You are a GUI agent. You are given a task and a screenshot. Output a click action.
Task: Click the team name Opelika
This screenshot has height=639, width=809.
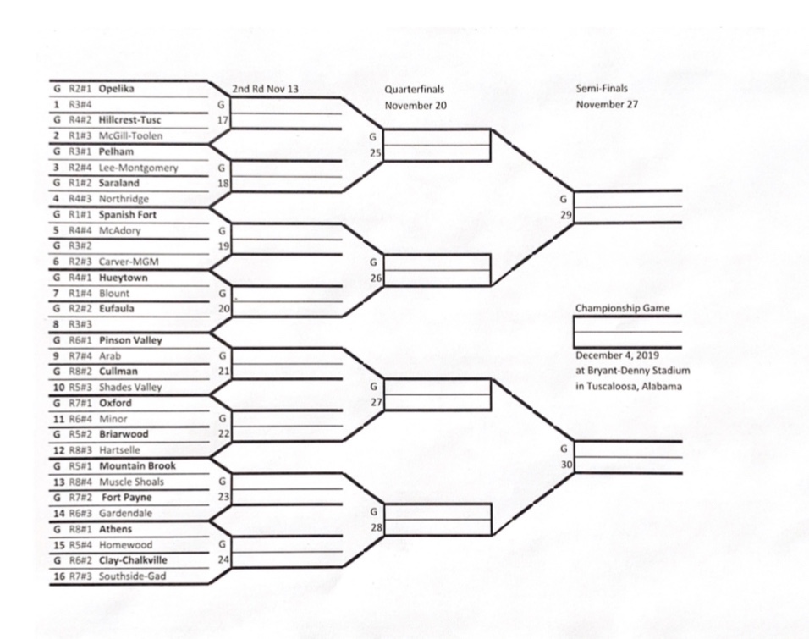117,88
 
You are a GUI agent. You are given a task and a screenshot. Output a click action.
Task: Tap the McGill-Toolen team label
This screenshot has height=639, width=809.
130,135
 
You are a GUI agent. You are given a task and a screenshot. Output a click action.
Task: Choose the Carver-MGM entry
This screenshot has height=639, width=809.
127,262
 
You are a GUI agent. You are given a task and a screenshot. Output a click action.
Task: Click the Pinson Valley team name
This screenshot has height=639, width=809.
130,341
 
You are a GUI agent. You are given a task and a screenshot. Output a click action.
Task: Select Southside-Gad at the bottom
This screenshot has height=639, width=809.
132,577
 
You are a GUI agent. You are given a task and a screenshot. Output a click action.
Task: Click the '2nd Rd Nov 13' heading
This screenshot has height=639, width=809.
265,89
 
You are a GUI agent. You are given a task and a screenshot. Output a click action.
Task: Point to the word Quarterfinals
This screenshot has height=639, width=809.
414,89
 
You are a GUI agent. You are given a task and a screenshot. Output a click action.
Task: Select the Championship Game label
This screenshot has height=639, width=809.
622,309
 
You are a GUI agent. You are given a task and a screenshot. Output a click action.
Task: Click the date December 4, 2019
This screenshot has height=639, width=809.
618,355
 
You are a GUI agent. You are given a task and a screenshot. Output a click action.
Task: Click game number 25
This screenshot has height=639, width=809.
374,152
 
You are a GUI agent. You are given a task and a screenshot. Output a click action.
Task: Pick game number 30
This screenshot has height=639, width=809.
565,464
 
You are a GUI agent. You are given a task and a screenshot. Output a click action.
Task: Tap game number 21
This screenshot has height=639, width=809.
223,372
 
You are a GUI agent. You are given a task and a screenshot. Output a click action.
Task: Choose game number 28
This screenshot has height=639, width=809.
374,527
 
